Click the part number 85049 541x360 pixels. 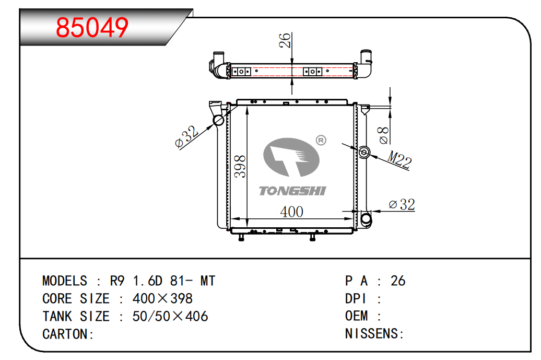pos(92,28)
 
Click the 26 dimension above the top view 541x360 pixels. pos(285,40)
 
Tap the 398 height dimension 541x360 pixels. pos(240,167)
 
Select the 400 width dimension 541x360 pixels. pos(291,212)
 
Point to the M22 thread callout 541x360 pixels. pos(399,159)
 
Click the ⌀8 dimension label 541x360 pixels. pos(383,135)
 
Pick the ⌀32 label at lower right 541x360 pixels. pos(402,204)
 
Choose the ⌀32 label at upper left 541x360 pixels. pos(187,137)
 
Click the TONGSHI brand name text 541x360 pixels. pos(292,191)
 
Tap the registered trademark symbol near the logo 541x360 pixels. pos(321,140)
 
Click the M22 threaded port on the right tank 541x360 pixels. pos(364,152)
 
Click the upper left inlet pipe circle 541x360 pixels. pos(218,121)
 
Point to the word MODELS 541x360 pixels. pos(65,281)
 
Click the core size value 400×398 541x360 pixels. pos(162,299)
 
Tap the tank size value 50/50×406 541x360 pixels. pos(170,316)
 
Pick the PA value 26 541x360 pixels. pos(398,281)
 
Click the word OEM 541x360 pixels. pos(356,316)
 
